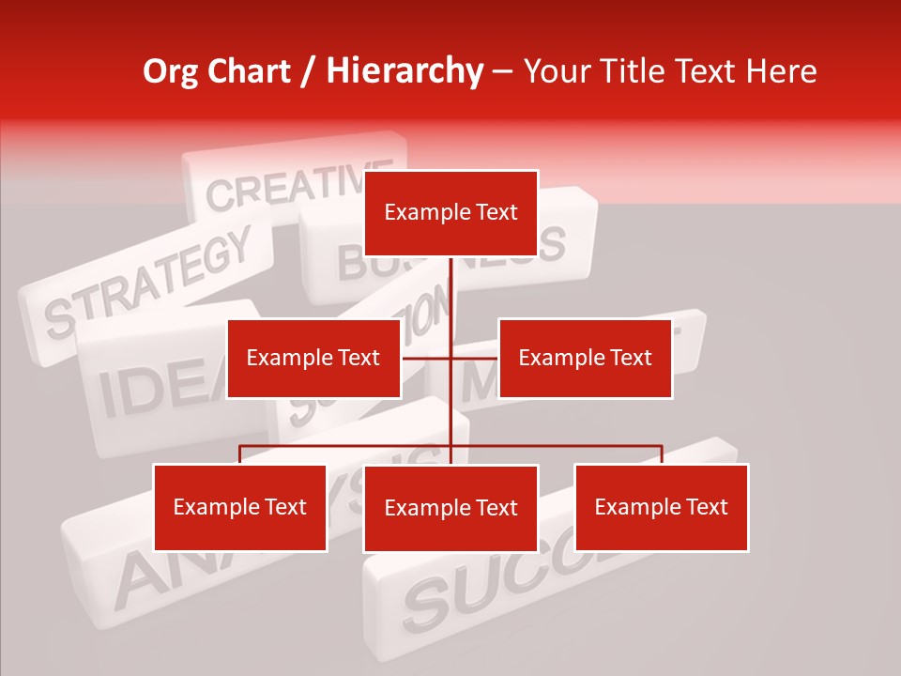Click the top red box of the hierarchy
pyautogui.click(x=450, y=213)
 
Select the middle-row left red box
pyautogui.click(x=313, y=358)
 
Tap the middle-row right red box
pyautogui.click(x=585, y=358)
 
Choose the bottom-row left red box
pyautogui.click(x=240, y=507)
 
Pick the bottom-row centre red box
pyautogui.click(x=450, y=508)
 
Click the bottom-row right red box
pyautogui.click(x=662, y=507)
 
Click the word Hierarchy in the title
pyautogui.click(x=405, y=71)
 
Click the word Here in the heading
pyautogui.click(x=781, y=71)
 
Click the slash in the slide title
pyautogui.click(x=307, y=72)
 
